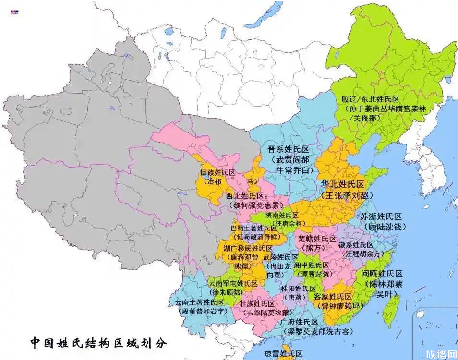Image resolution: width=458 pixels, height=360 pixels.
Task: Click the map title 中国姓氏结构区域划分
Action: tap(98, 343)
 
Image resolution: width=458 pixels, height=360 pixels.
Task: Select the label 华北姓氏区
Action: tap(343, 185)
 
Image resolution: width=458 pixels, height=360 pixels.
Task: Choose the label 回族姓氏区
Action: tap(218, 172)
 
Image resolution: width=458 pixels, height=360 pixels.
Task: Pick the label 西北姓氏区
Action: tap(246, 196)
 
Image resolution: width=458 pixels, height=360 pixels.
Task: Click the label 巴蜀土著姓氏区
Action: tap(253, 228)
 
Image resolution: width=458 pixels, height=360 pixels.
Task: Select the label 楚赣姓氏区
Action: tap(317, 239)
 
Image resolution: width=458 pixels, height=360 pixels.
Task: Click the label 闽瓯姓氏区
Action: tap(382, 274)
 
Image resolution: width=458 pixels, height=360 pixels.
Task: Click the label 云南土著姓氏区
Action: tap(200, 302)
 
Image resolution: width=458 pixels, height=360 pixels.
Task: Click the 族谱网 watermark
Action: tap(441, 354)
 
